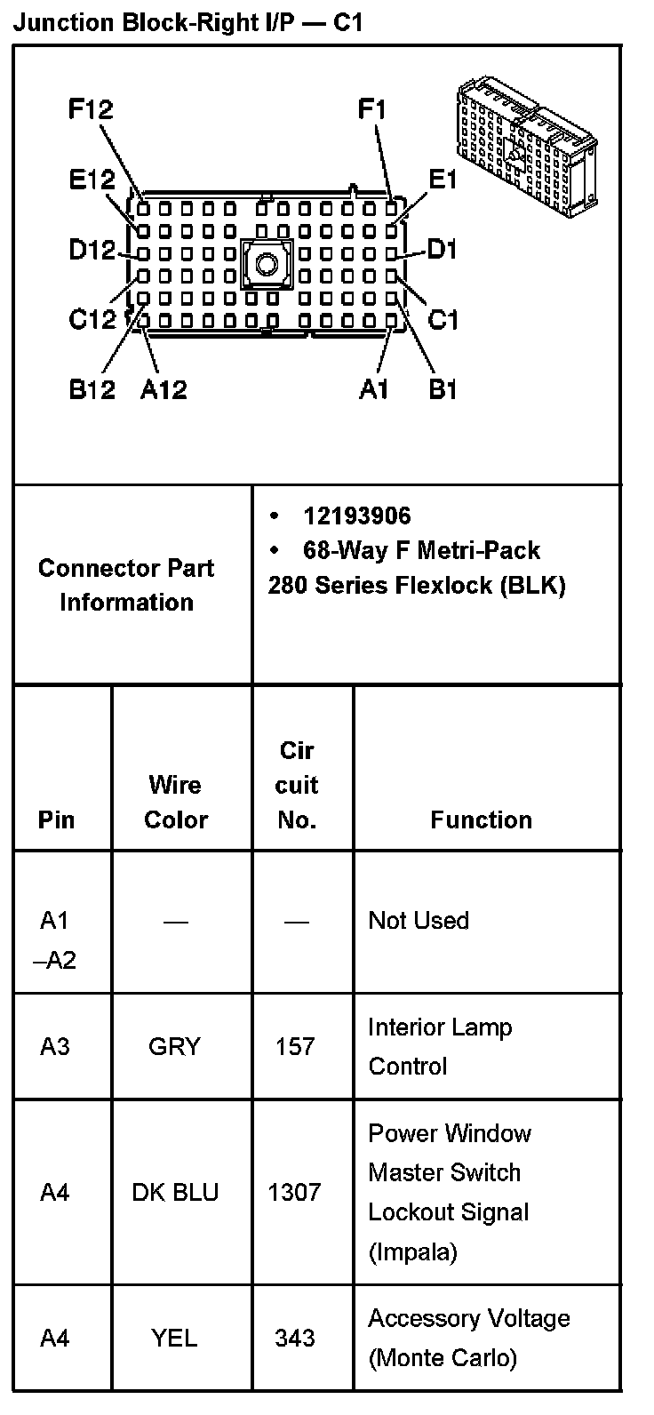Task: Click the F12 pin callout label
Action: [91, 110]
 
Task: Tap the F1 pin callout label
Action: [372, 110]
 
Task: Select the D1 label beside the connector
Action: [442, 250]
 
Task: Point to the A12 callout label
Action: [163, 389]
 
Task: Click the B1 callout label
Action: [443, 389]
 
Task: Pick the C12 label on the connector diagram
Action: [92, 318]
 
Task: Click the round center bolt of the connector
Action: [266, 263]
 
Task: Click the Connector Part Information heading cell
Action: [126, 585]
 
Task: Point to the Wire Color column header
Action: [175, 802]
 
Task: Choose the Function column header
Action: [481, 819]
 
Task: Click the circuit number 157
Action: [295, 1046]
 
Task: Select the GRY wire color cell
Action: [174, 1046]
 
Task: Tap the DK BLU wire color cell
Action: [175, 1192]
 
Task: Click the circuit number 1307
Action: [294, 1192]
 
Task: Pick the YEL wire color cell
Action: [174, 1337]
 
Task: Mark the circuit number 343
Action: [295, 1337]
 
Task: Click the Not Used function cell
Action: [419, 921]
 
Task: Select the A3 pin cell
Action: [54, 1046]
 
